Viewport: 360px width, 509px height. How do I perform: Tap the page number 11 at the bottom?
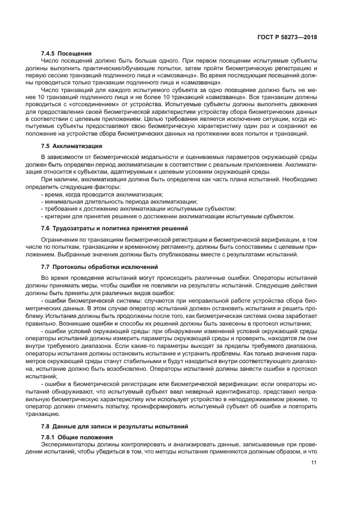coord(313,463)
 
